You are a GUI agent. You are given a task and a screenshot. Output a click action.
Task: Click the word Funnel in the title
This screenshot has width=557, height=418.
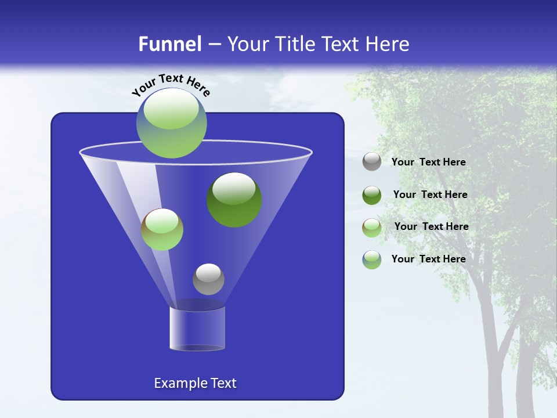tap(169, 44)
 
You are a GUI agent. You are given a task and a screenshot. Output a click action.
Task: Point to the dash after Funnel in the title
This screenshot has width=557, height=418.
tap(214, 45)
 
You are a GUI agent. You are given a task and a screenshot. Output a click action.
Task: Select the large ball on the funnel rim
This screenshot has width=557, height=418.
tap(172, 122)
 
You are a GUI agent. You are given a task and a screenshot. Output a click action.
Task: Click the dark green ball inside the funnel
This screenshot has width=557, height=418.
tap(234, 200)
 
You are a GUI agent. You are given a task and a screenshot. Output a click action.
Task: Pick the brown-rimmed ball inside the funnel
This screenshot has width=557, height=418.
tap(162, 229)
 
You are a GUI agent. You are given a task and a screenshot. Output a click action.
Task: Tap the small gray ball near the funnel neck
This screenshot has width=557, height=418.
tap(208, 279)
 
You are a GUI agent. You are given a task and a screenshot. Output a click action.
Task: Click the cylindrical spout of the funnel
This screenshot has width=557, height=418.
tap(197, 329)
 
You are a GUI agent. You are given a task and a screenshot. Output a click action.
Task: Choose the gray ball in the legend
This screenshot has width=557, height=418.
tap(372, 162)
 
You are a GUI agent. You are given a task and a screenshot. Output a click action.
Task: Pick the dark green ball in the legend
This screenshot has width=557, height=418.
tap(372, 195)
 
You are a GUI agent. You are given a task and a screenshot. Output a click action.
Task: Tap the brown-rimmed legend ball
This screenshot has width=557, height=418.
tap(372, 227)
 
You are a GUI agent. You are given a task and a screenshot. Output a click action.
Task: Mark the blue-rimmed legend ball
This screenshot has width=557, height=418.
tap(372, 260)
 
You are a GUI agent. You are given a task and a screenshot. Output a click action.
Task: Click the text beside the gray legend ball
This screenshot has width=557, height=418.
tap(428, 163)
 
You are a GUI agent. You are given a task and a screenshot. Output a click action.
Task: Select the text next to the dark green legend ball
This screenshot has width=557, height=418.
tap(430, 195)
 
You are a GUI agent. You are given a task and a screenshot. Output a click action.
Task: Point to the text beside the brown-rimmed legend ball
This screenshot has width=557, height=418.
tap(431, 227)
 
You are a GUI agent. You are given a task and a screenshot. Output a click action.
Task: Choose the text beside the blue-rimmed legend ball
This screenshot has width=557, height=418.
tap(428, 259)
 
